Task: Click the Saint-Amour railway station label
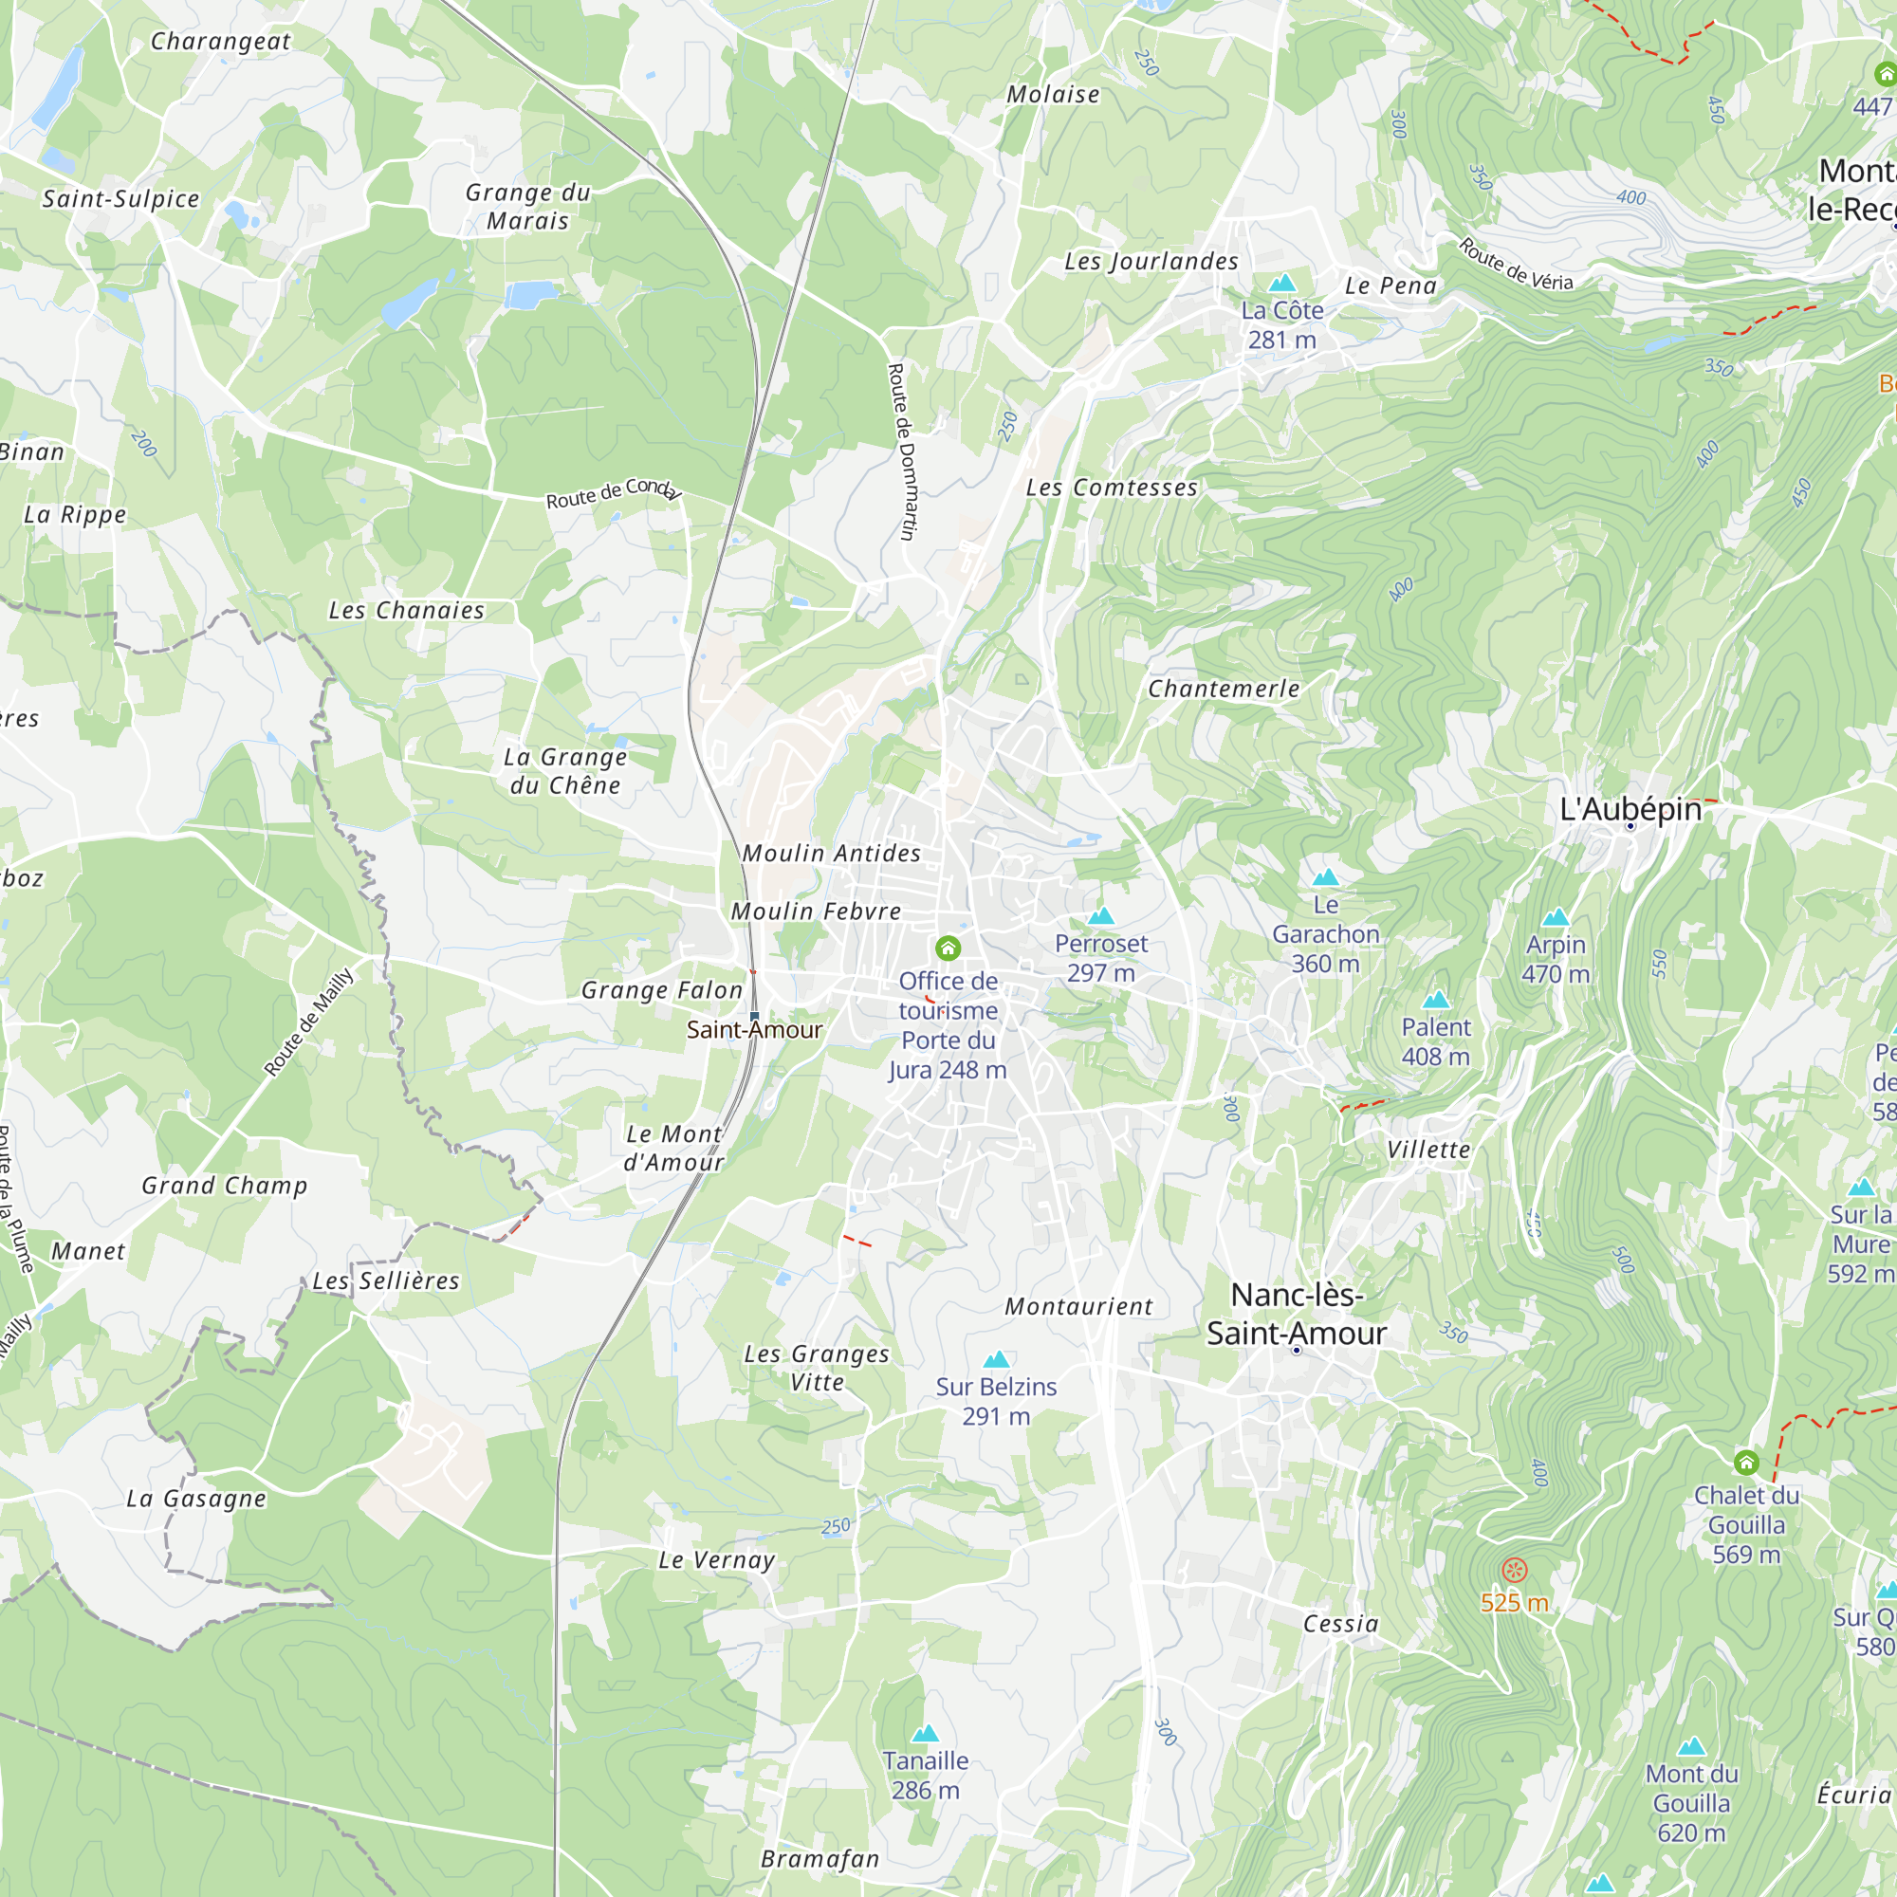click(x=754, y=1029)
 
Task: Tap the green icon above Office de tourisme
click(x=948, y=948)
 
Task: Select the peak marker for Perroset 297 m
click(x=1100, y=916)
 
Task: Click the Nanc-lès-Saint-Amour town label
click(x=1296, y=1314)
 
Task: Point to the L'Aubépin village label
click(x=1630, y=809)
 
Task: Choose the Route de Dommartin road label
click(x=901, y=451)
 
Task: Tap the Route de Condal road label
click(x=613, y=492)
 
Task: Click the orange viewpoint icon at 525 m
click(x=1514, y=1570)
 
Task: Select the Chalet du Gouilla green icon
click(x=1746, y=1463)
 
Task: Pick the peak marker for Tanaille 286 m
click(x=925, y=1734)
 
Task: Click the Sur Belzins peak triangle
click(x=997, y=1360)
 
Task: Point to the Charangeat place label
click(x=221, y=41)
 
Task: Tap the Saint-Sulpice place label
click(x=120, y=198)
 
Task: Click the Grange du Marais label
click(x=528, y=206)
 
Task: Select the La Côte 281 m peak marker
click(x=1282, y=284)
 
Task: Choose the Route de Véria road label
click(x=1515, y=266)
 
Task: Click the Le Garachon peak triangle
click(x=1326, y=876)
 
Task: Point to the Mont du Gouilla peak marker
click(x=1691, y=1747)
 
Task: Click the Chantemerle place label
click(x=1224, y=690)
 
